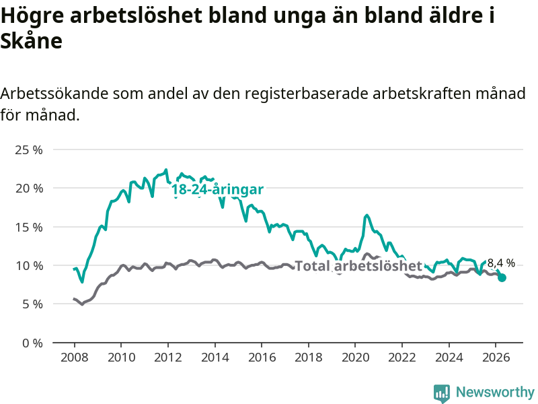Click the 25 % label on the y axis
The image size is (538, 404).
pyautogui.click(x=29, y=149)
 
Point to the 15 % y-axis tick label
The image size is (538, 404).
pyautogui.click(x=29, y=227)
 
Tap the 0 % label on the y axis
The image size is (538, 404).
pyautogui.click(x=32, y=343)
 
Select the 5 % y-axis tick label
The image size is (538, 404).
pyautogui.click(x=32, y=304)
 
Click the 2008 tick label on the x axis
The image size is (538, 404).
pyautogui.click(x=75, y=358)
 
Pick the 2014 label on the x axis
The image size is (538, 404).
pyautogui.click(x=215, y=358)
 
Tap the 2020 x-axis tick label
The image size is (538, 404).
pyautogui.click(x=355, y=358)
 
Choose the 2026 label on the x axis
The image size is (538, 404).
pyautogui.click(x=496, y=358)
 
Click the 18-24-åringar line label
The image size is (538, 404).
pyautogui.click(x=217, y=189)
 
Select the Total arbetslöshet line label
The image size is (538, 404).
pyautogui.click(x=358, y=265)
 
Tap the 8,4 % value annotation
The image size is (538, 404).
pyautogui.click(x=501, y=263)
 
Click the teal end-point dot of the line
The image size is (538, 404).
pyautogui.click(x=502, y=277)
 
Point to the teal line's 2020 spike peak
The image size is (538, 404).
pyautogui.click(x=367, y=215)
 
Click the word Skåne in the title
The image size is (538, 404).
pyautogui.click(x=31, y=41)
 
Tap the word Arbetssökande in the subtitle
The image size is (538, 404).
pyautogui.click(x=54, y=93)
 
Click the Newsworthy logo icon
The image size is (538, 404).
pyautogui.click(x=442, y=393)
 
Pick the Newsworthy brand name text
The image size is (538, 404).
pyautogui.click(x=495, y=392)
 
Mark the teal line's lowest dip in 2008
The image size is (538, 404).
pyautogui.click(x=82, y=281)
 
